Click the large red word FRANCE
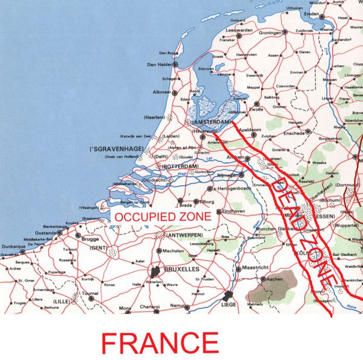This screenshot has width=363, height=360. tap(160, 343)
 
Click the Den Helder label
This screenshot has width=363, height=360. tap(159, 64)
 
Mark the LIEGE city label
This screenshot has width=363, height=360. tap(228, 306)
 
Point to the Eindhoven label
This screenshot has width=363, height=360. tap(234, 211)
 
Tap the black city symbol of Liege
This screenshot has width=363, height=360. tap(228, 296)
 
